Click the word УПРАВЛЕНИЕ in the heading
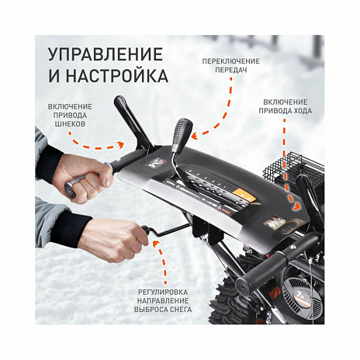pyautogui.click(x=105, y=55)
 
